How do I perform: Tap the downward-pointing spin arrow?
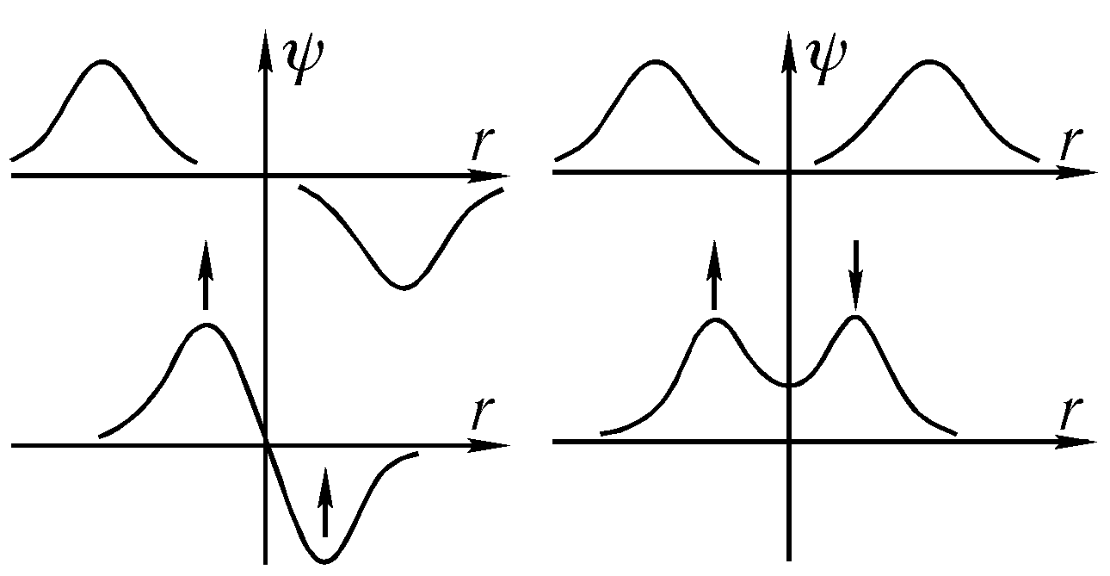(855, 275)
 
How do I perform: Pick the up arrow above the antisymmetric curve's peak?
(205, 275)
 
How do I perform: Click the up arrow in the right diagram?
(714, 275)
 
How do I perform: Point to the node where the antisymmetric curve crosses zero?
(266, 444)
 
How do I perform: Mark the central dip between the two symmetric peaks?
(789, 385)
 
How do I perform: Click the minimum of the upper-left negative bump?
(404, 287)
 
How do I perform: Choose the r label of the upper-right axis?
(1070, 144)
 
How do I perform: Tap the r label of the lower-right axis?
(1070, 413)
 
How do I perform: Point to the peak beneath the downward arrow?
(855, 318)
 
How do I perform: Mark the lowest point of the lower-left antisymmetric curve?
(324, 561)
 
